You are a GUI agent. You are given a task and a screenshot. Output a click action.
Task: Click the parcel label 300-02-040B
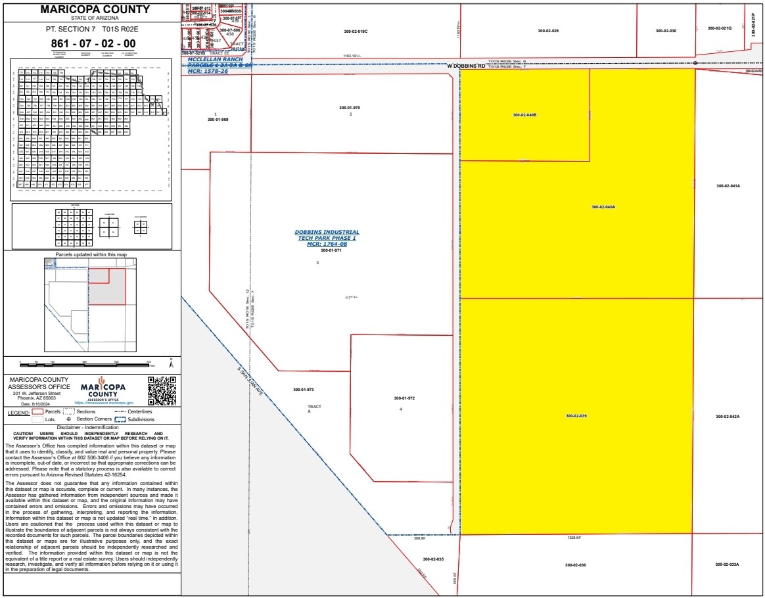(524, 115)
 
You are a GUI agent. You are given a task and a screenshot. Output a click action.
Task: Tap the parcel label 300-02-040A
(603, 207)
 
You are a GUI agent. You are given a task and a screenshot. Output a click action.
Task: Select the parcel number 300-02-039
(576, 416)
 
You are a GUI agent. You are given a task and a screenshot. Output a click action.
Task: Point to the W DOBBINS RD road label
(466, 66)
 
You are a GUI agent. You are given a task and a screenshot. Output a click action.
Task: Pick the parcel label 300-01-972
(404, 398)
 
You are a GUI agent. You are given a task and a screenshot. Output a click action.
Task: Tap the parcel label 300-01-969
(218, 120)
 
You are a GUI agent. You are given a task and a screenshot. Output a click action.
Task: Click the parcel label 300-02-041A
(728, 186)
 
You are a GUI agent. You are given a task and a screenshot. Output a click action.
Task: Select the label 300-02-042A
(728, 417)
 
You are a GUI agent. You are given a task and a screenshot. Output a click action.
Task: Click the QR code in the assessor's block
(162, 391)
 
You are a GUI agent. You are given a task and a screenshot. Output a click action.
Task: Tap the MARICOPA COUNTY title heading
(95, 9)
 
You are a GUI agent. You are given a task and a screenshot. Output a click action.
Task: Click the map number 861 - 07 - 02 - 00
(93, 44)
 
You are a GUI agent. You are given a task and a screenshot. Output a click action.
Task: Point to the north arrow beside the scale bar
(172, 363)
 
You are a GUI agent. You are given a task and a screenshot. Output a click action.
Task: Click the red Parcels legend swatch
(38, 412)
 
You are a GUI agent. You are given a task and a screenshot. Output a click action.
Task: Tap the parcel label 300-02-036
(574, 564)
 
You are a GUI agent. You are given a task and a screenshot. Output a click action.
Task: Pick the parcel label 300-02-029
(547, 31)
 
